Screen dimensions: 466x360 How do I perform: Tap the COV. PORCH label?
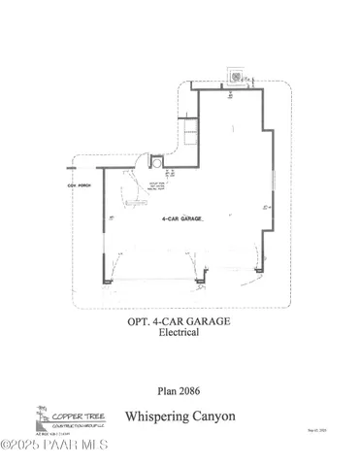78,184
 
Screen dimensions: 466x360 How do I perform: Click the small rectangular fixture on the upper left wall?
191,125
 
